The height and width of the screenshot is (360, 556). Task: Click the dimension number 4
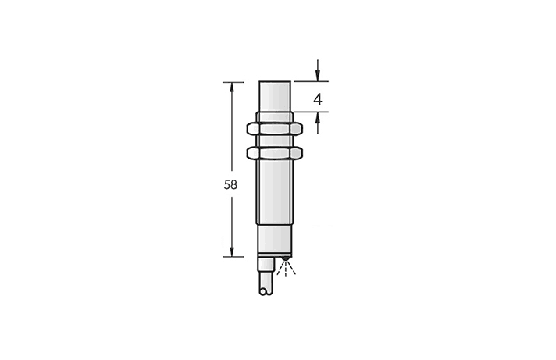(x=318, y=99)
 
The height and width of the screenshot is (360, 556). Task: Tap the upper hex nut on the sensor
(x=276, y=127)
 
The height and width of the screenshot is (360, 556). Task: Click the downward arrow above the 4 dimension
(x=318, y=74)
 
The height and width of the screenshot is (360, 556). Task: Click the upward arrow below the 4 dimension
(x=318, y=119)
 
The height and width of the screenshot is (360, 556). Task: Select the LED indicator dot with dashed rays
(x=286, y=260)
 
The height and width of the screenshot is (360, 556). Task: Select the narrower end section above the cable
(x=276, y=241)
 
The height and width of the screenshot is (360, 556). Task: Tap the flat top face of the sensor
(x=276, y=82)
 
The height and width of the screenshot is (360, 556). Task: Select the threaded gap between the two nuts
(x=276, y=141)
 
